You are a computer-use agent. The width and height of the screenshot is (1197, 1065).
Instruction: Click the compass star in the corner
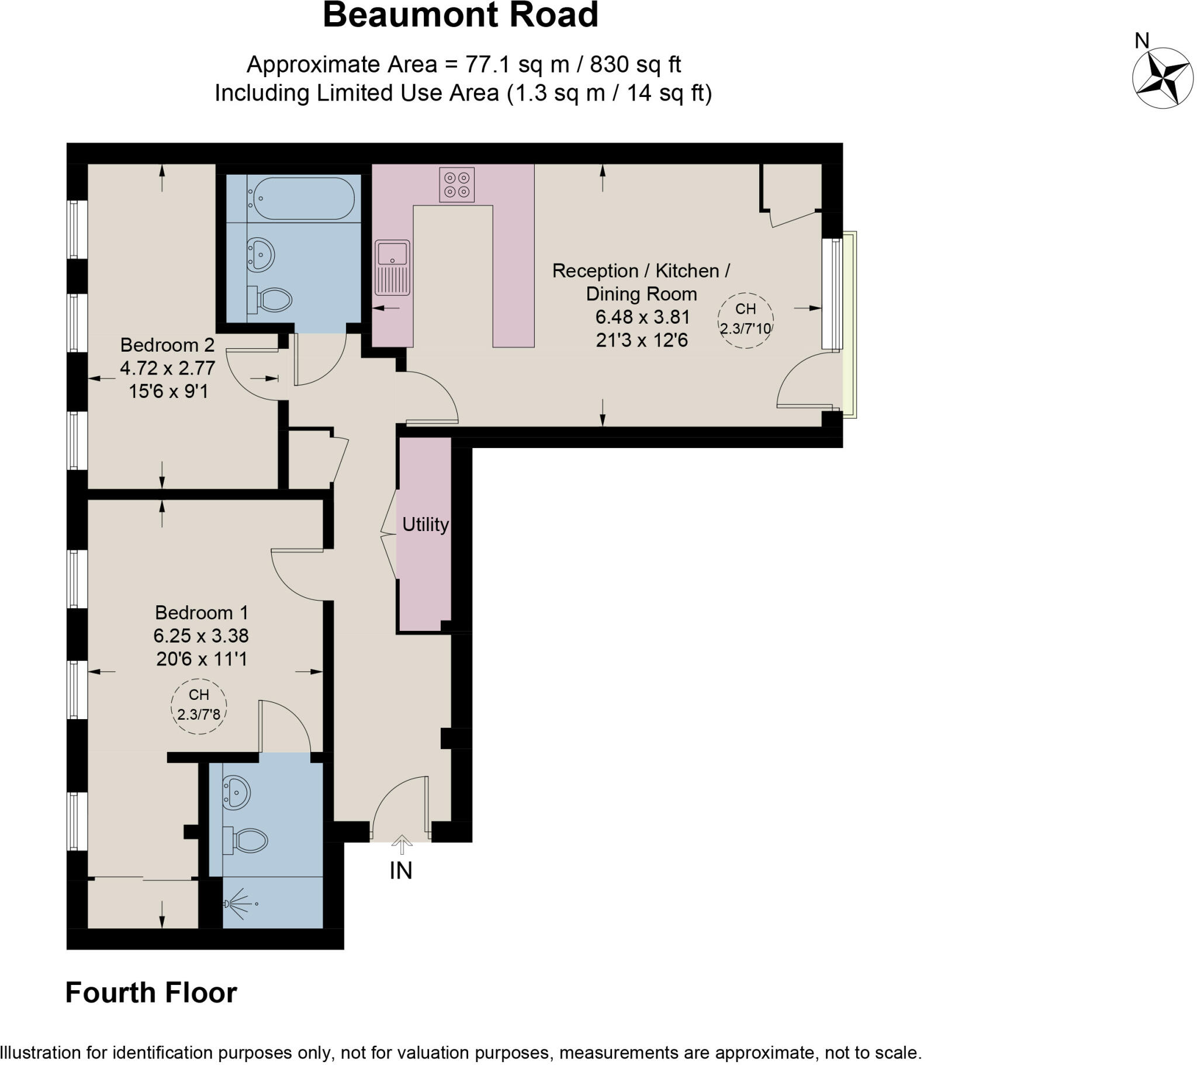point(1163,78)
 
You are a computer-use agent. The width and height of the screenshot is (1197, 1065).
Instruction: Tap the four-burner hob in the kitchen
point(456,185)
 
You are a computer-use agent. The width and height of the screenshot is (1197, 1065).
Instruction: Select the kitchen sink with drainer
point(392,267)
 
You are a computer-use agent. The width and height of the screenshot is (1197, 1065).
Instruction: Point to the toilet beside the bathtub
point(271,300)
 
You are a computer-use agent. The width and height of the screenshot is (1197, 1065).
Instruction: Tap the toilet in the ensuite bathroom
point(246,841)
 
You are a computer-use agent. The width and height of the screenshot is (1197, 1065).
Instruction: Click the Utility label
point(425,525)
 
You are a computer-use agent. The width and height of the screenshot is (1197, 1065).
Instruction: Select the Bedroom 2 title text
point(168,345)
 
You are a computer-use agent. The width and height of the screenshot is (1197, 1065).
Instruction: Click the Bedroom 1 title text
point(202,612)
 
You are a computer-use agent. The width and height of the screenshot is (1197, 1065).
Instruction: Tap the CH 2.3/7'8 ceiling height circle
point(199,705)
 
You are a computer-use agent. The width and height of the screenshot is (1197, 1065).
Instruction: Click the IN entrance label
point(401,870)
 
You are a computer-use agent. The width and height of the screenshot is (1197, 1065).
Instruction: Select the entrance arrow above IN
point(401,845)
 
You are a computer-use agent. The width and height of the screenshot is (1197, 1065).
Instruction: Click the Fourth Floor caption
point(151,993)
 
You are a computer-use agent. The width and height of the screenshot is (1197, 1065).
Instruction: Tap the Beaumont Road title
point(461,15)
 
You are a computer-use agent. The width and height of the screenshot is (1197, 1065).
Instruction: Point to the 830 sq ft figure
point(635,64)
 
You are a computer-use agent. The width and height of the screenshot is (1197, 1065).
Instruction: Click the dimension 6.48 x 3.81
point(642,317)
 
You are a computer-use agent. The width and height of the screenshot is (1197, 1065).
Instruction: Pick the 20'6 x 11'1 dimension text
point(202,659)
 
